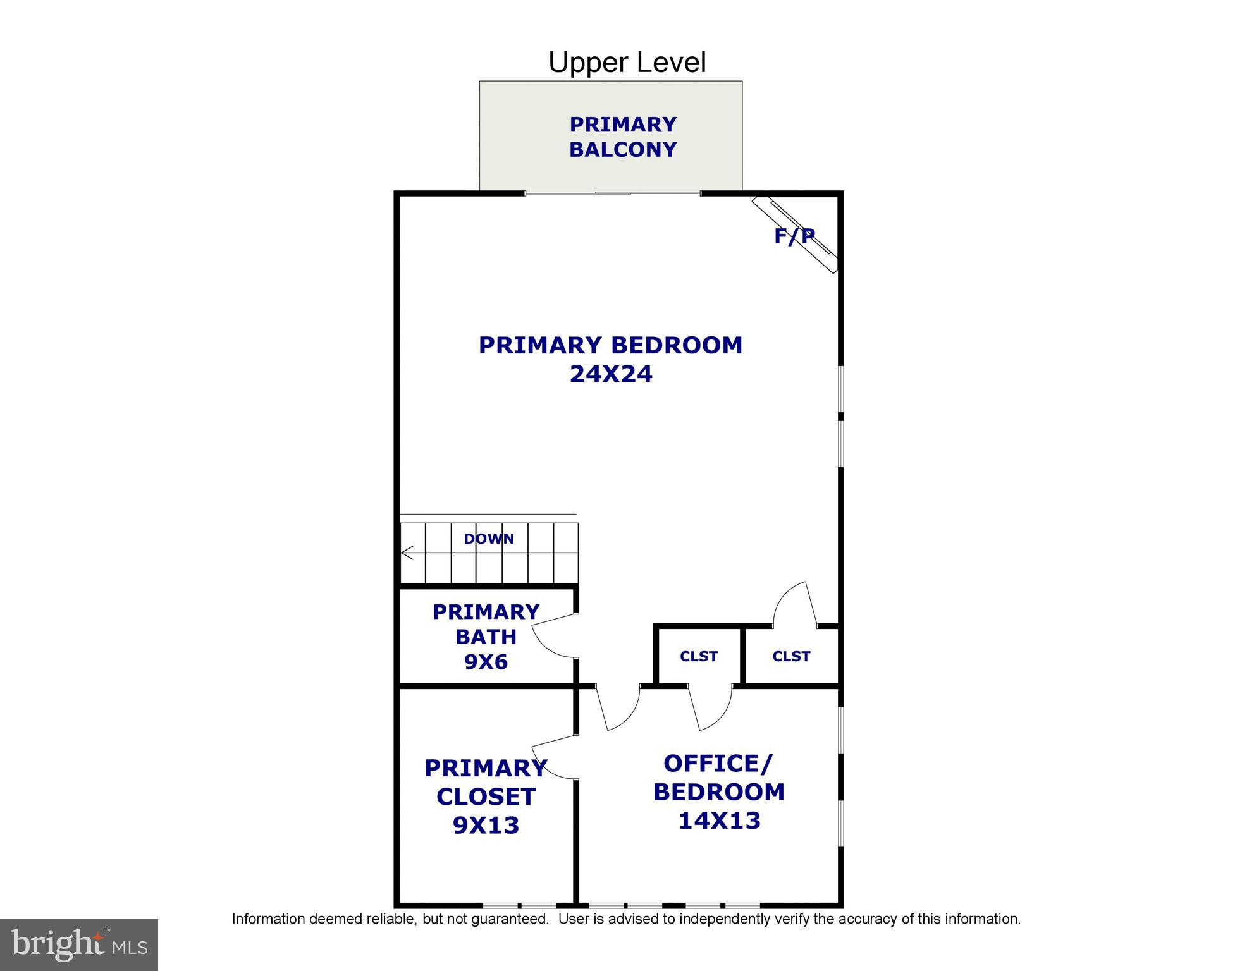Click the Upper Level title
click(x=627, y=63)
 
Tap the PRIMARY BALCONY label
click(x=623, y=137)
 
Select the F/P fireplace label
click(x=794, y=236)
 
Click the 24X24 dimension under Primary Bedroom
click(x=611, y=374)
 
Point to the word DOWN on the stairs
click(x=489, y=539)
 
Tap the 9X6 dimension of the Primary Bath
click(x=486, y=662)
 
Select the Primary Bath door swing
click(x=551, y=636)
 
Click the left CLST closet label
click(x=699, y=657)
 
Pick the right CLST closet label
click(x=791, y=657)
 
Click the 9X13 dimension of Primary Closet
click(x=486, y=826)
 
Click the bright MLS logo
click(x=79, y=944)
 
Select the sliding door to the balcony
click(x=613, y=193)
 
